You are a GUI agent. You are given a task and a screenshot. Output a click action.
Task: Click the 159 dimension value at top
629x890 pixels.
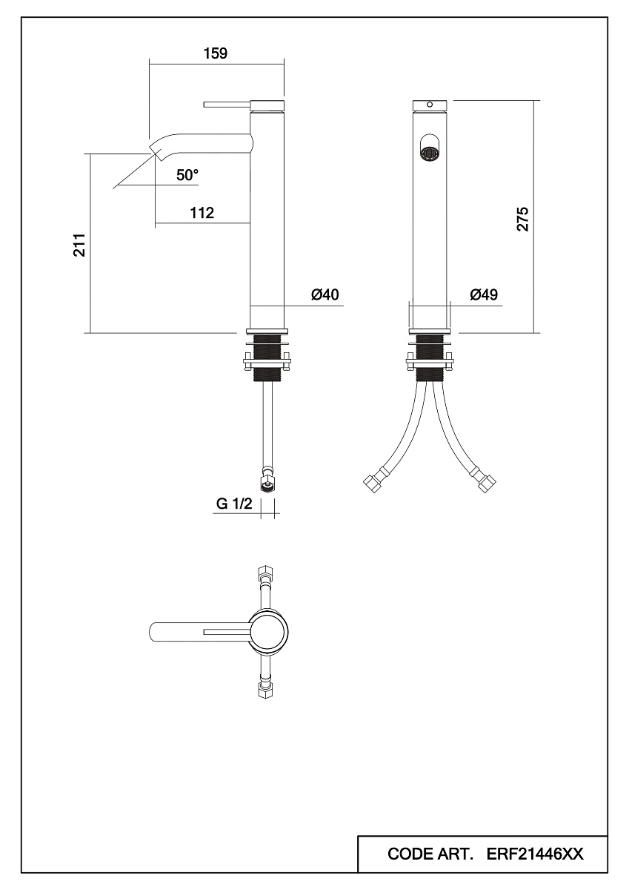click(216, 53)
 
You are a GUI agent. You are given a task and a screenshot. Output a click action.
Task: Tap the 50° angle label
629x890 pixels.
click(187, 175)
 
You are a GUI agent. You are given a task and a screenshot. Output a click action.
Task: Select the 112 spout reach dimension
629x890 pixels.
click(202, 213)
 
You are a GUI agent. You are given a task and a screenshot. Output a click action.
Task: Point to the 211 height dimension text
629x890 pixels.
click(80, 245)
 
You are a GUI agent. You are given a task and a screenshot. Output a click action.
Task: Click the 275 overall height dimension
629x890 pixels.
click(522, 219)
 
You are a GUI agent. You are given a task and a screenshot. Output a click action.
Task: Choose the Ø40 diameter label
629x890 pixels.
click(325, 294)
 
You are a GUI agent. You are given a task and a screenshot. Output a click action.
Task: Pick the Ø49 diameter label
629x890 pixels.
click(484, 294)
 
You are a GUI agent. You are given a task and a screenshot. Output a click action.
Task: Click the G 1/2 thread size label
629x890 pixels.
click(234, 504)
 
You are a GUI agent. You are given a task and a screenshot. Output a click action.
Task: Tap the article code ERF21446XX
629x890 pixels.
click(535, 854)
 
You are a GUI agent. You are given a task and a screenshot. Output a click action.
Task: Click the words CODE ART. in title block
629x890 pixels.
click(430, 854)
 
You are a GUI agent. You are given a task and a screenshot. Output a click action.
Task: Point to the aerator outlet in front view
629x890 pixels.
click(430, 154)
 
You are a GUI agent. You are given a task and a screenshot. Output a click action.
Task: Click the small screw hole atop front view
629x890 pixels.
click(430, 105)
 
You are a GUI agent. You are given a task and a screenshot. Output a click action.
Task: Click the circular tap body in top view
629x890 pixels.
click(269, 631)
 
